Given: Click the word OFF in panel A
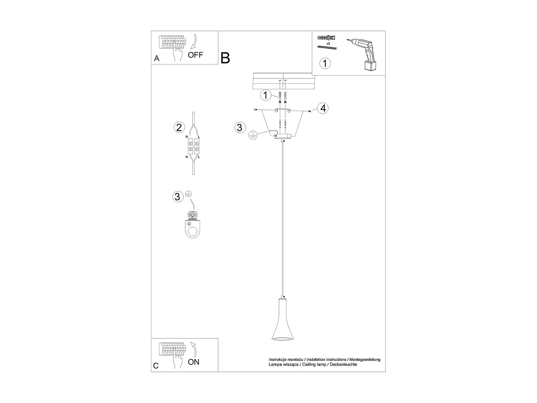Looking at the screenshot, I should click(195, 55).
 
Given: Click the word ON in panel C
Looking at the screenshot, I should click(194, 362).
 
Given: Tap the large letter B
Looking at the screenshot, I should click(225, 58).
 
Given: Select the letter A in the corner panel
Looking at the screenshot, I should click(156, 58).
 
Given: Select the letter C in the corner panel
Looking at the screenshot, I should click(156, 366).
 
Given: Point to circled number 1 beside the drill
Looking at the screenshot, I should click(325, 63).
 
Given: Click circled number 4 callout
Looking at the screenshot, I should click(323, 108).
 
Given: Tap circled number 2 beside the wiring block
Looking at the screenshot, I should click(179, 127).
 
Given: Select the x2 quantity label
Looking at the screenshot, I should click(328, 43).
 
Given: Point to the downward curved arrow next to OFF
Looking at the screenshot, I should click(194, 41).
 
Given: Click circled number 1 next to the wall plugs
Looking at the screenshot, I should click(265, 96).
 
